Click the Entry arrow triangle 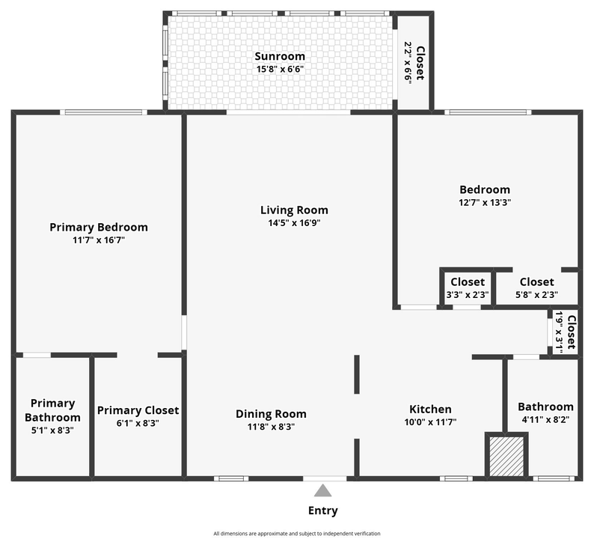click(x=322, y=490)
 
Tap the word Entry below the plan click(x=322, y=511)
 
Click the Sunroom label click(x=280, y=57)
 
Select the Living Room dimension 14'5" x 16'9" click(x=294, y=223)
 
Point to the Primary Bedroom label click(x=99, y=227)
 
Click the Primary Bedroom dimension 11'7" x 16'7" click(x=99, y=240)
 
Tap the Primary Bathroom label click(x=52, y=410)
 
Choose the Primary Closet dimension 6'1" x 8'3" click(x=138, y=423)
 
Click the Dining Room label click(x=271, y=414)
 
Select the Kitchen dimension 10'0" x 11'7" click(x=430, y=422)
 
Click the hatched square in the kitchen click(x=506, y=455)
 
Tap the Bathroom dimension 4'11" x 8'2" click(x=546, y=420)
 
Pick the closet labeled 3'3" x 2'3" click(x=467, y=287)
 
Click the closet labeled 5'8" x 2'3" click(x=536, y=287)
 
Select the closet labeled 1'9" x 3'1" click(x=565, y=332)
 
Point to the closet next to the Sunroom click(x=414, y=62)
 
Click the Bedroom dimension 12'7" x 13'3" click(x=485, y=202)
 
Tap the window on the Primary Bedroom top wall click(x=103, y=112)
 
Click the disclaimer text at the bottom click(x=297, y=534)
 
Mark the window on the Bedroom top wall click(x=488, y=112)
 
